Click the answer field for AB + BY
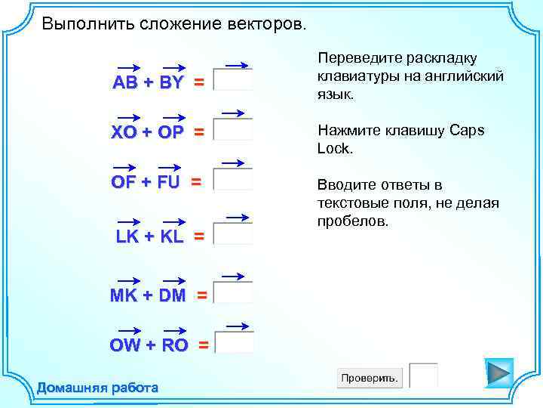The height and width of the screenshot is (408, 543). pos(234,80)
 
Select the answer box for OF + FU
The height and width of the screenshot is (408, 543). pos(234,179)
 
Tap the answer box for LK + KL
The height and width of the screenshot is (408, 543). pos(234,233)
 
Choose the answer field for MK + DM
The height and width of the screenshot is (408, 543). pos(234,292)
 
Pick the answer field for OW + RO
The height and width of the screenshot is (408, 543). pos(235,342)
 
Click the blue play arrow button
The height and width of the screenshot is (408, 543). pos(499,373)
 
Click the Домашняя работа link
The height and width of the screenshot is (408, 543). pos(98,388)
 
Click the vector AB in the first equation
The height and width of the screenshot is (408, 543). pos(125,83)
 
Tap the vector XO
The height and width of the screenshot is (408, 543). pos(125,132)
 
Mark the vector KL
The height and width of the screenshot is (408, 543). pos(172,236)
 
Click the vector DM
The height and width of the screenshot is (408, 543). pos(172,295)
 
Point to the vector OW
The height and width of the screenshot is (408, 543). pos(125,345)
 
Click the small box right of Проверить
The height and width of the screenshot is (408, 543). pos(424,376)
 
